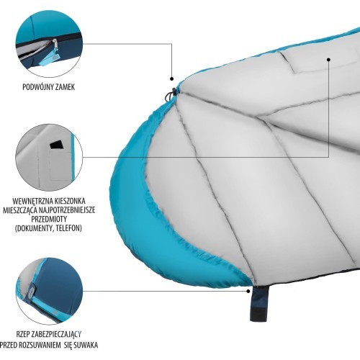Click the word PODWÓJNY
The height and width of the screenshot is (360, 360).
(38, 87)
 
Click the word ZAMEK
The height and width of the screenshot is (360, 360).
(65, 87)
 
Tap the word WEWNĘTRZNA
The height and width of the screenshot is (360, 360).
(32, 201)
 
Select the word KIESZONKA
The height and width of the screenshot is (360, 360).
(70, 201)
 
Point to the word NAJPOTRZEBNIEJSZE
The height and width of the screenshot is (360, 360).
(67, 210)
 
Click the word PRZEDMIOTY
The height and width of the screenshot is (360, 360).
(49, 219)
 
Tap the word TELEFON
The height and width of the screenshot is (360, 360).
(68, 228)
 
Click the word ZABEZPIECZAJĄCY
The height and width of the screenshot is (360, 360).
(56, 334)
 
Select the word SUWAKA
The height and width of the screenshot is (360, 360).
(86, 345)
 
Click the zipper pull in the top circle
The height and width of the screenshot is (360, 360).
(55, 52)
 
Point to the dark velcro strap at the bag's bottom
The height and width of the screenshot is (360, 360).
(258, 304)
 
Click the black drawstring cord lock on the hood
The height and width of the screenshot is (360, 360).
(174, 91)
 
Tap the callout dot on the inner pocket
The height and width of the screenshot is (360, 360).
(328, 59)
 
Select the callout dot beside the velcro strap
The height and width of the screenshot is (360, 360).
(248, 291)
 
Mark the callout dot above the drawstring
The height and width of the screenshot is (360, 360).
(171, 78)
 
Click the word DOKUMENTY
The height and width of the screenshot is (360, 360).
(35, 228)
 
